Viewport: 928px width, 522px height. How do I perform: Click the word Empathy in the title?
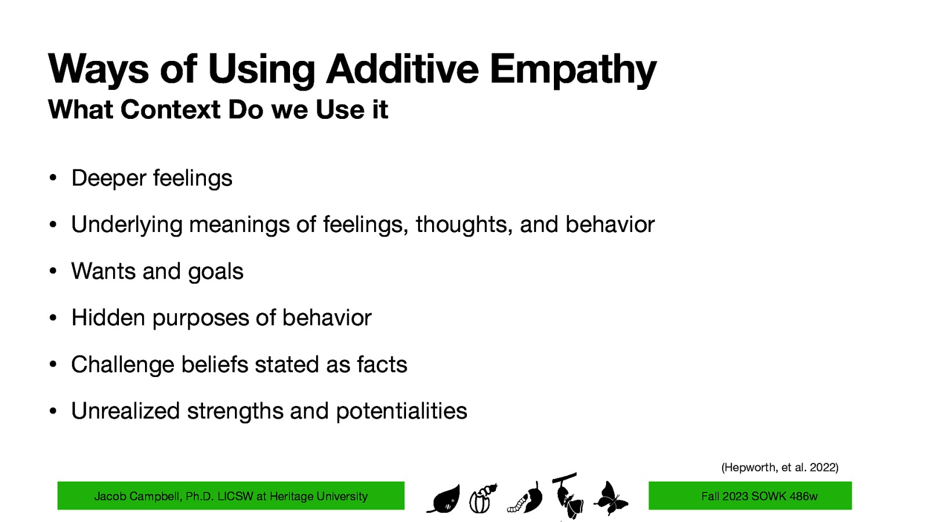click(572, 70)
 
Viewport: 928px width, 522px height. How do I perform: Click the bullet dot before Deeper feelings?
click(52, 178)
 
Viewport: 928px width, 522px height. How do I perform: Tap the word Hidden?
click(108, 317)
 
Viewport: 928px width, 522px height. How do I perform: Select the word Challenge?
click(122, 364)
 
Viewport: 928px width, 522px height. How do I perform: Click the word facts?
click(382, 364)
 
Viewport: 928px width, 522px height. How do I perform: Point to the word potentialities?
click(401, 411)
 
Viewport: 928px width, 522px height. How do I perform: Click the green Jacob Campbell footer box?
click(231, 496)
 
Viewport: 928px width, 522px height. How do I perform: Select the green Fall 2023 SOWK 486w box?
click(749, 496)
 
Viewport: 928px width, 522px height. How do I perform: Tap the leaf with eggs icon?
click(444, 499)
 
